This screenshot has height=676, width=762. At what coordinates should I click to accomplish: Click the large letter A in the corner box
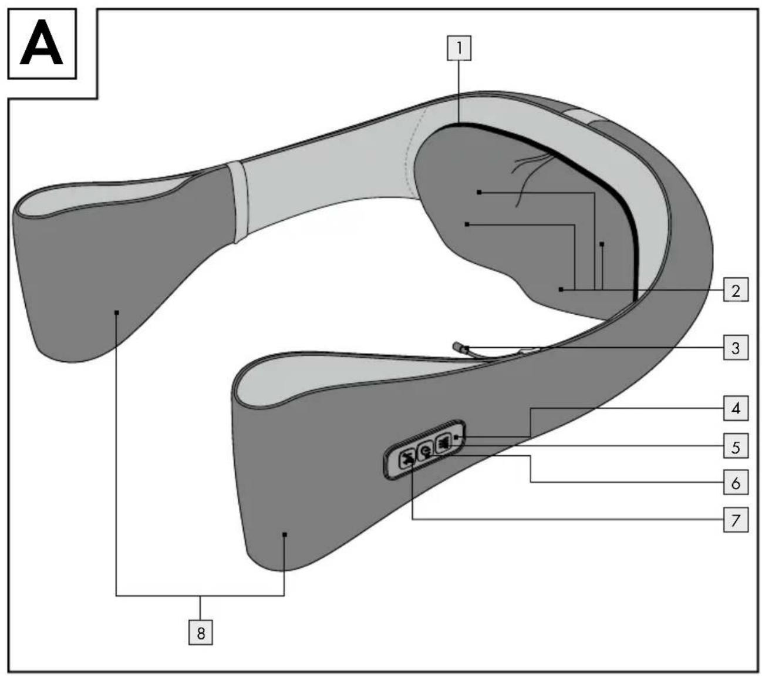pyautogui.click(x=41, y=43)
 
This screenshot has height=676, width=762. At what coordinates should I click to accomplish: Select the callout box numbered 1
pyautogui.click(x=459, y=48)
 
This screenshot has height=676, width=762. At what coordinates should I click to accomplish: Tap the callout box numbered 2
pyautogui.click(x=736, y=290)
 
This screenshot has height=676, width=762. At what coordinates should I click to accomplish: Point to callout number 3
pyautogui.click(x=736, y=348)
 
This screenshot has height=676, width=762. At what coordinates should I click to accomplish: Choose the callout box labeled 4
pyautogui.click(x=736, y=408)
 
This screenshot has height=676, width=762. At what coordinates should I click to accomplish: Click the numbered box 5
pyautogui.click(x=736, y=446)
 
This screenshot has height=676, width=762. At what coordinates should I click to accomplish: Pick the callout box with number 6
pyautogui.click(x=736, y=482)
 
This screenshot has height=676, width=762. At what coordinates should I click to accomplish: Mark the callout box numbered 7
pyautogui.click(x=736, y=520)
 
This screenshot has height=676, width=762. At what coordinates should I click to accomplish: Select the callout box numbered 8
pyautogui.click(x=200, y=633)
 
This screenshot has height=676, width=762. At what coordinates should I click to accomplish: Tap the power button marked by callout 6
pyautogui.click(x=425, y=452)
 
